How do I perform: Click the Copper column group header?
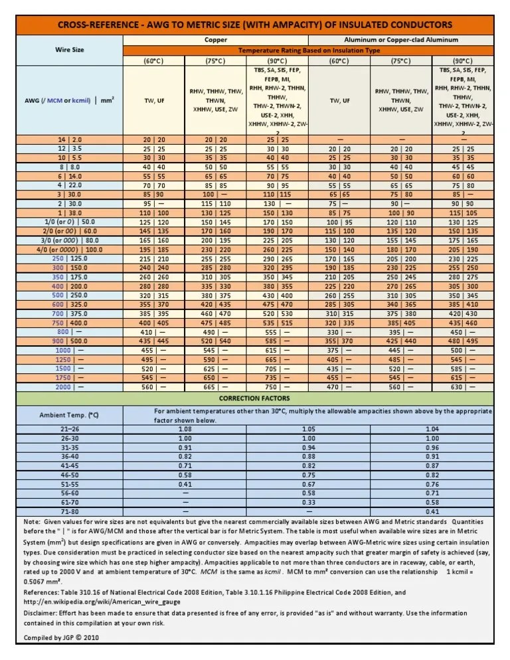tap(216, 40)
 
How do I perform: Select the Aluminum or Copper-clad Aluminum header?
tap(401, 40)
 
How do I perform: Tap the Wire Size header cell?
tap(70, 50)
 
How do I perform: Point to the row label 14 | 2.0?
tap(70, 139)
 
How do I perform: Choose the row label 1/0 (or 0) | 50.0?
tap(70, 221)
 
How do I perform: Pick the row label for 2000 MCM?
tap(70, 386)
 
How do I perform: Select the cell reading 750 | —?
tap(278, 386)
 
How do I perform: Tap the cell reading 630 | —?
tap(463, 386)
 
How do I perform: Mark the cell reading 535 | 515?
tap(278, 322)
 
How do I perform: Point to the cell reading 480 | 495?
tap(463, 341)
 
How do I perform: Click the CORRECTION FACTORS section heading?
tap(254, 398)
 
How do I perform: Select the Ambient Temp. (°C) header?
tap(70, 415)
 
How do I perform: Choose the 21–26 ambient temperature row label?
tap(70, 430)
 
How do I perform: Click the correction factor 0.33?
tap(308, 503)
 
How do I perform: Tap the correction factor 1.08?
tap(185, 430)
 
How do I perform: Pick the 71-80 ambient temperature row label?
tap(70, 512)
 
